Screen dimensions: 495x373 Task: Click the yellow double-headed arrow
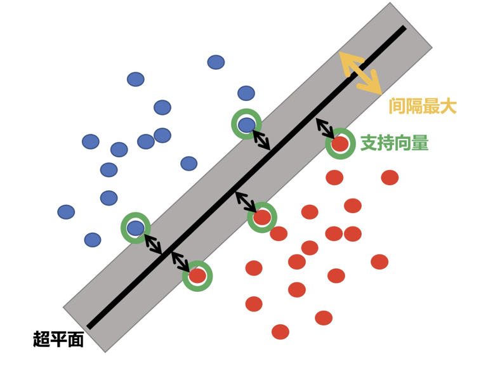point(360,73)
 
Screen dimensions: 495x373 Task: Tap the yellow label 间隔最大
point(423,106)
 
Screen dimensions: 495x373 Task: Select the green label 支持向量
point(394,143)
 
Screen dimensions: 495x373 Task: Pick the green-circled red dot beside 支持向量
point(340,144)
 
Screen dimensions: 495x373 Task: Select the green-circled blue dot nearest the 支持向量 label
point(246,124)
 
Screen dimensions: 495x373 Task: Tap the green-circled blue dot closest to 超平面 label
point(136,228)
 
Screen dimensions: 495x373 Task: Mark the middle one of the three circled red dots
point(262,218)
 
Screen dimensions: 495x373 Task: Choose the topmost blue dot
point(216,62)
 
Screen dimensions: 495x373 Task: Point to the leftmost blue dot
point(66,212)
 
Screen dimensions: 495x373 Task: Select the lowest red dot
point(280,332)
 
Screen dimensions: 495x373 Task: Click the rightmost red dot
point(390,178)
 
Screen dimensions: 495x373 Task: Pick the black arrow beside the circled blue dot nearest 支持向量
point(261,140)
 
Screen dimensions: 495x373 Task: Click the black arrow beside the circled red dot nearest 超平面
point(180,261)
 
